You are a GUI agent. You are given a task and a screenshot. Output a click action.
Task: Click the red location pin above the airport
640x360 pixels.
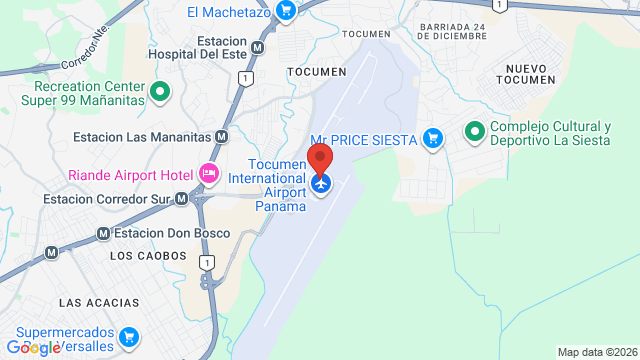pos(320,159)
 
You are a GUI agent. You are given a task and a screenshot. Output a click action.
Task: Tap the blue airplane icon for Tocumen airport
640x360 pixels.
pos(320,184)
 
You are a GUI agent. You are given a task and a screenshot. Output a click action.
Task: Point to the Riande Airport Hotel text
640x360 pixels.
pos(130,175)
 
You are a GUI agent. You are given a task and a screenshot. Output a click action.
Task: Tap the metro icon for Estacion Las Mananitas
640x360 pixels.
pos(221,136)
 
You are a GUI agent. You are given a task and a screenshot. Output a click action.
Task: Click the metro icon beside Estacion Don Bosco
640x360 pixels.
pos(103,234)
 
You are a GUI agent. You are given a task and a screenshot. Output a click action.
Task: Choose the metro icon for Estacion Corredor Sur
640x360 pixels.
pos(181,199)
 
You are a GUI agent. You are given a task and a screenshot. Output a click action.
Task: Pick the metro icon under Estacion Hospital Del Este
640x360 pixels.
pos(258,47)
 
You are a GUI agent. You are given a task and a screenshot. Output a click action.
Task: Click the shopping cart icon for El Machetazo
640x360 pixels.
pos(286,11)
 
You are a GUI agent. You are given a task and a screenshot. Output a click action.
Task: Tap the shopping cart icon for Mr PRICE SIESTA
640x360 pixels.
pos(433,137)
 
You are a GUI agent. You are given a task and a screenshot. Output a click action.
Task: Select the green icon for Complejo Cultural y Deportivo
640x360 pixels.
pos(475,131)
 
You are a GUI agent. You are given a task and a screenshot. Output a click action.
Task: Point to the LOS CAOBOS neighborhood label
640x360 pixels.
pos(148,256)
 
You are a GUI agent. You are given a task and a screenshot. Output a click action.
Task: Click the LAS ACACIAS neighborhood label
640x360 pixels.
pos(93,302)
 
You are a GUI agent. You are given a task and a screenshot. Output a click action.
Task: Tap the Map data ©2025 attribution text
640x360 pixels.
pos(597,352)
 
